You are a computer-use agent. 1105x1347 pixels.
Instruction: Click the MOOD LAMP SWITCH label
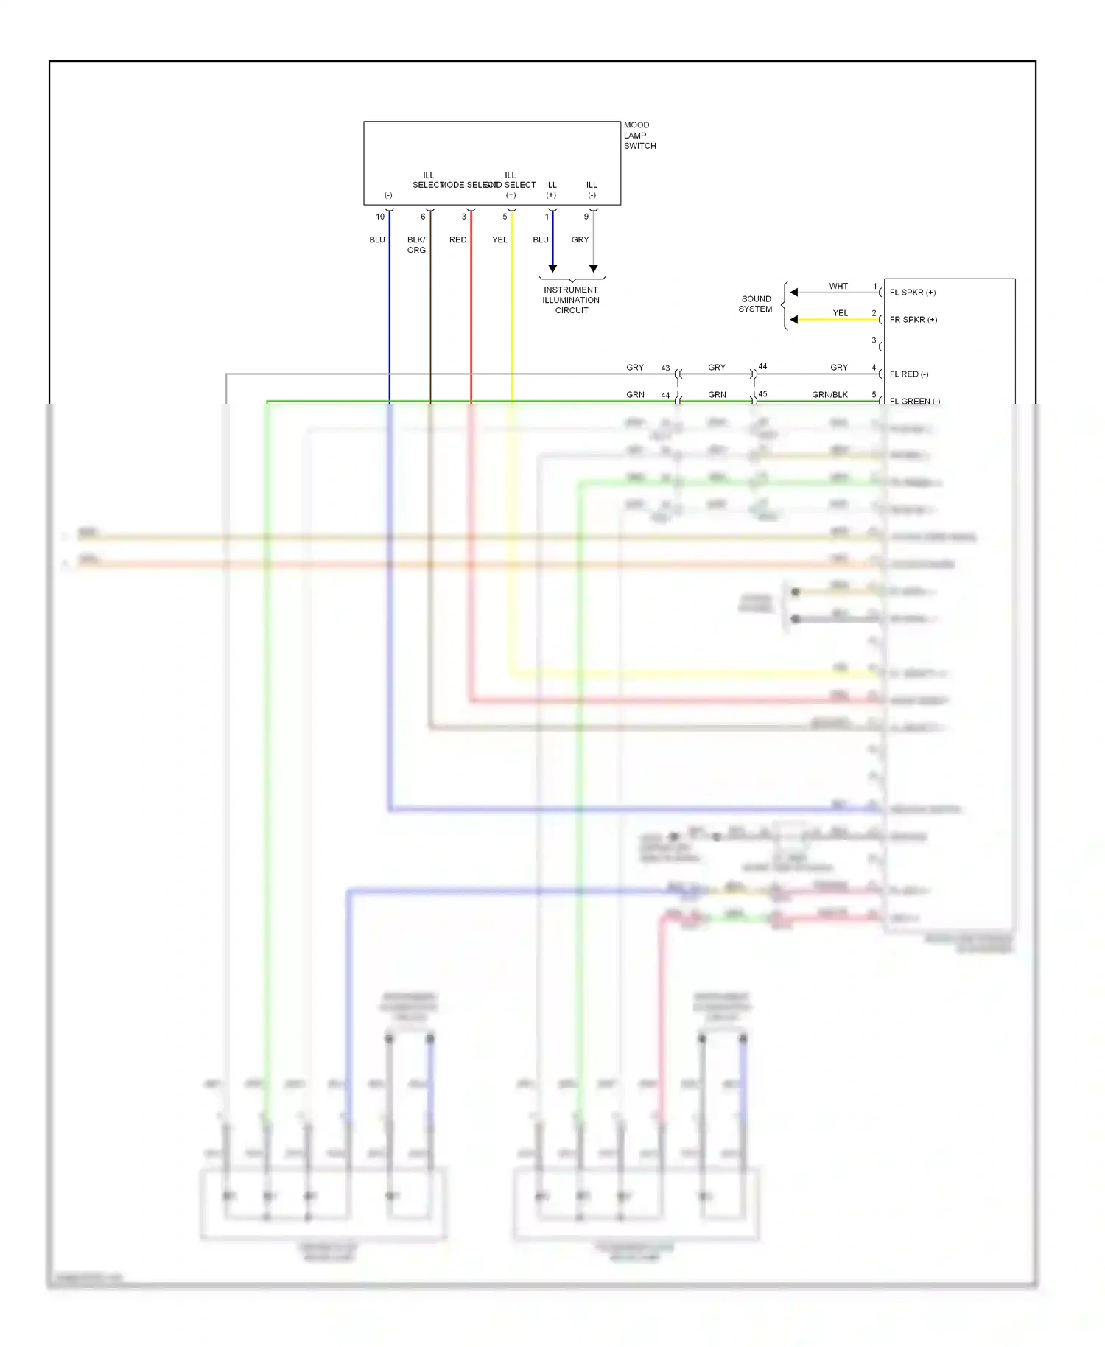coord(639,136)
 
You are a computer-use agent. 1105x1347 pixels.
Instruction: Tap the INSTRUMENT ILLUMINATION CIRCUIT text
coord(571,300)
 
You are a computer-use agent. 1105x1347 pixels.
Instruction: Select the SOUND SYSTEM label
coord(756,304)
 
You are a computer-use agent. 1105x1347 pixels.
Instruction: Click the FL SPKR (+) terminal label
coord(912,293)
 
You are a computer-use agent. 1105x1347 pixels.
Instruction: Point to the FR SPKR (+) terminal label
coord(913,320)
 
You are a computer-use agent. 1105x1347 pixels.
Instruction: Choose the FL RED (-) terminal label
coord(908,374)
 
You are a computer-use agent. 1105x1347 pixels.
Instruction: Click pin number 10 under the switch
coord(380,217)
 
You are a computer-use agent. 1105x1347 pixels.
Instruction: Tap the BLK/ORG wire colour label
coord(416,245)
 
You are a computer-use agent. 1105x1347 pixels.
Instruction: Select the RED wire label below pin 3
coord(457,239)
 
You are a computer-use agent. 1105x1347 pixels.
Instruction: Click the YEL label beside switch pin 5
coord(499,239)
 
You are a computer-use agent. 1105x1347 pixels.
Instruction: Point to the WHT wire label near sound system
coord(838,286)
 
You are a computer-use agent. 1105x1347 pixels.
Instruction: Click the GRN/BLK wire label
coord(829,395)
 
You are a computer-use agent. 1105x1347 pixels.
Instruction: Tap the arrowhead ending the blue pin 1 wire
coord(552,269)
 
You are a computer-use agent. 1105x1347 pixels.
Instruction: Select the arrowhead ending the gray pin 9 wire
coord(594,269)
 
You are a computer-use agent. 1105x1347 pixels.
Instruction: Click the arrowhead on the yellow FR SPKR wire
coord(793,320)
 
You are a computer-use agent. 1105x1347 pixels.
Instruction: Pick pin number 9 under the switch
coord(586,217)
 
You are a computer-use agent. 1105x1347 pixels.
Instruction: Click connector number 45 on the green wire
coord(762,394)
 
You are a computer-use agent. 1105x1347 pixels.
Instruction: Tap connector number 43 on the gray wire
coord(665,368)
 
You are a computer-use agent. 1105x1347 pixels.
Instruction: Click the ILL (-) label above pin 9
coord(592,189)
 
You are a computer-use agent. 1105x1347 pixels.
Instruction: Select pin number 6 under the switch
coord(423,217)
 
